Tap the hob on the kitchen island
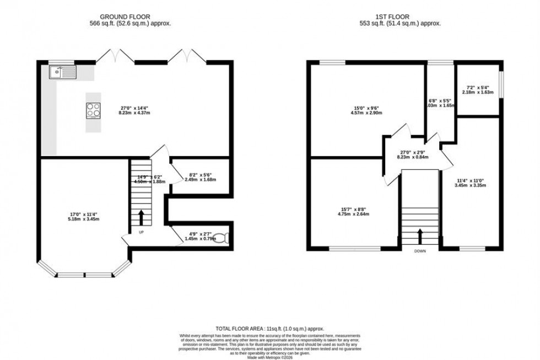(93, 110)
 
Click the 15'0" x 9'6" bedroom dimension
(366, 110)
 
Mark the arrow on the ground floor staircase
(141, 216)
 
